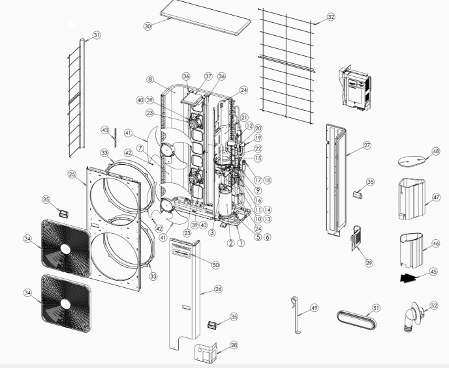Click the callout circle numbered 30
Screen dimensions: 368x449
147,26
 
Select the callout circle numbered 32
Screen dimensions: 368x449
331,16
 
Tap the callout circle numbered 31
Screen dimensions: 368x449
97,35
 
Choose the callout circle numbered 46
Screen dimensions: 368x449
436,244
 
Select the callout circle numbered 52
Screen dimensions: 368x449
434,305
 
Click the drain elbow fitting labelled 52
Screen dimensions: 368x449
413,318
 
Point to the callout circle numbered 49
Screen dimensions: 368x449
315,307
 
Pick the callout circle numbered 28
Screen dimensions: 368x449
216,345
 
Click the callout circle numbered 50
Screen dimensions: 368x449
216,264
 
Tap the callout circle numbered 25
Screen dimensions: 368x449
72,174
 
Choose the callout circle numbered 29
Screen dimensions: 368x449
369,262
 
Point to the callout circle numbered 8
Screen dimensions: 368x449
150,80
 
